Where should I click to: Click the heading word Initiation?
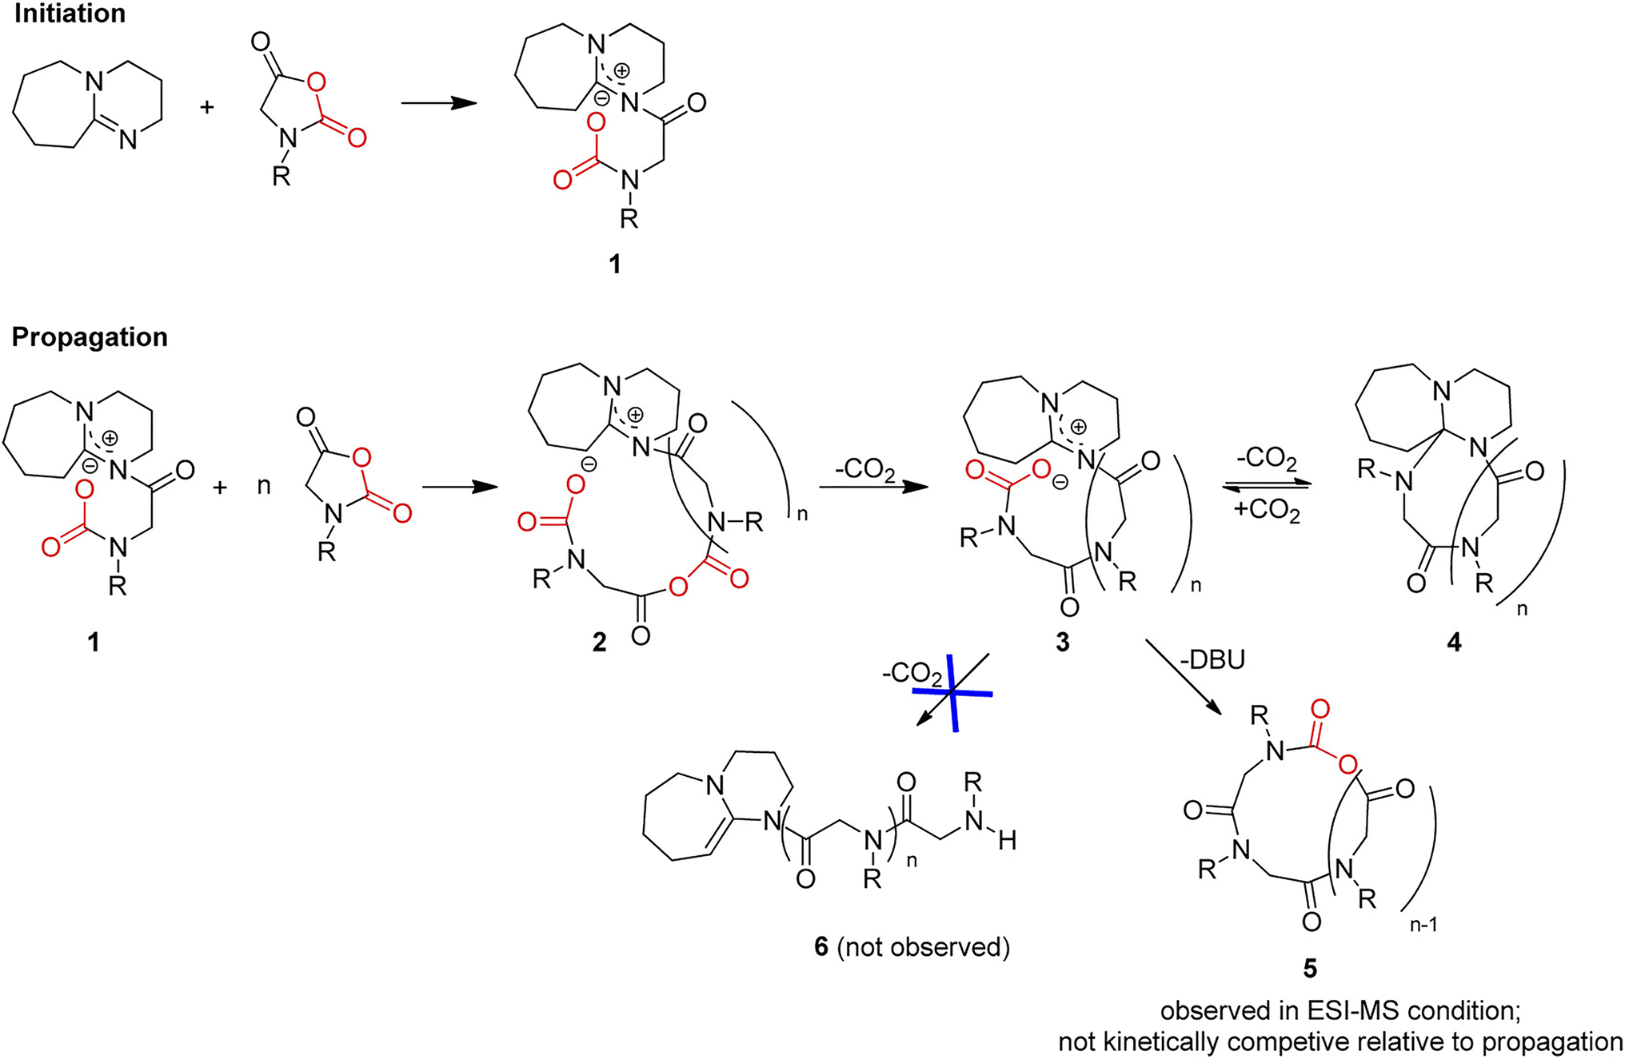pos(70,14)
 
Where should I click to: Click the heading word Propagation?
pos(90,337)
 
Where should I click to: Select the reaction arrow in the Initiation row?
pos(439,103)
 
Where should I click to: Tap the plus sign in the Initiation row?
pos(207,107)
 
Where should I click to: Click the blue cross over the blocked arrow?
pos(952,692)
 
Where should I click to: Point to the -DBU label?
pos(1212,660)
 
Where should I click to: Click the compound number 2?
pos(599,642)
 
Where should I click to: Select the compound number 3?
pos(1062,642)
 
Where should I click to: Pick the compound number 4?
pos(1454,642)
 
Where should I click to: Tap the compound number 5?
pos(1310,968)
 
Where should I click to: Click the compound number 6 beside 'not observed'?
pos(821,947)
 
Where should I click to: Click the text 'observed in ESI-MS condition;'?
pos(1340,1011)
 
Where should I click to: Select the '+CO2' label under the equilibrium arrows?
pos(1267,509)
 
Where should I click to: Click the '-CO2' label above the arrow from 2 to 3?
pos(864,470)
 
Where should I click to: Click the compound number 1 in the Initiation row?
pos(614,264)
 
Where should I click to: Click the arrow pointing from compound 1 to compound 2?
pos(460,487)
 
